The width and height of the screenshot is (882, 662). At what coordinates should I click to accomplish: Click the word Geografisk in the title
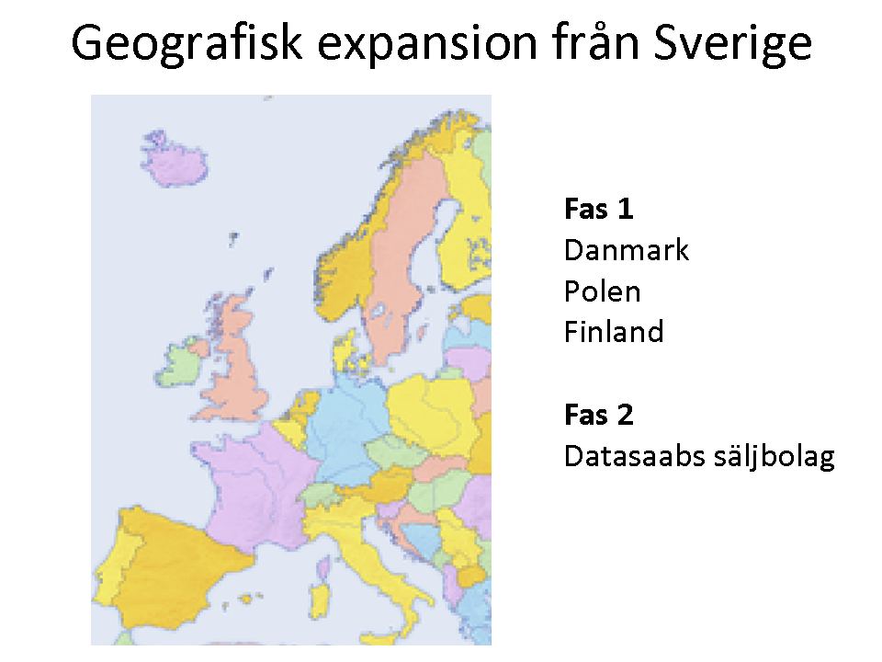click(187, 43)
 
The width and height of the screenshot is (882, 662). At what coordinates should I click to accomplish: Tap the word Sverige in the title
click(733, 44)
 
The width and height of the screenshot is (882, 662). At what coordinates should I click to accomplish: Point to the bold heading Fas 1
click(598, 209)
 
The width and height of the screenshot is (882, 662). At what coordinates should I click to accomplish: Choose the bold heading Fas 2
click(598, 416)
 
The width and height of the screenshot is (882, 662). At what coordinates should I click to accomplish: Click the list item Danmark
click(626, 250)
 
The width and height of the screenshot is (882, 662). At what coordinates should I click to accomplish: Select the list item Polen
click(602, 291)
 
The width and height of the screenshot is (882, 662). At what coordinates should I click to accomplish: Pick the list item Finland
click(614, 332)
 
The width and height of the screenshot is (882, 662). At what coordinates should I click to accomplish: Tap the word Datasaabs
click(634, 456)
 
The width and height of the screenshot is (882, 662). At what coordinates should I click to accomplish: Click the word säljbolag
click(774, 457)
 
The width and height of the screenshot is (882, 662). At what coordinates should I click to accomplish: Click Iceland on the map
click(174, 159)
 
